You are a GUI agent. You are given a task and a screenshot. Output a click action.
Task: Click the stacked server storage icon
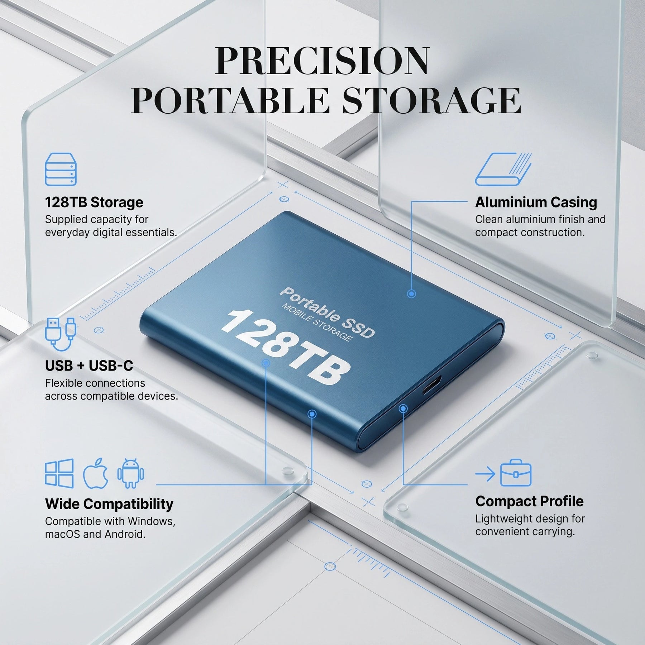coord(61,169)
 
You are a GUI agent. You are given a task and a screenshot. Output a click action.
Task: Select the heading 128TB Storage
coord(94,202)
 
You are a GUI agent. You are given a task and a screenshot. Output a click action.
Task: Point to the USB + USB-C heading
coord(89,365)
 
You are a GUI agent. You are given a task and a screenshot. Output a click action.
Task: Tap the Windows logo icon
coord(59,473)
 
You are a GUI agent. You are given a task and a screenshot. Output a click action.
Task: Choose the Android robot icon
coord(130,473)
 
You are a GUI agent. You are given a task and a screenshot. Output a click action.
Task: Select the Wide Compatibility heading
coord(109,504)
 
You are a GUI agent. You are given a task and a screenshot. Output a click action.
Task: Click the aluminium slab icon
coord(503,169)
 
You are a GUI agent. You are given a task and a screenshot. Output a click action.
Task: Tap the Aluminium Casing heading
coord(536,202)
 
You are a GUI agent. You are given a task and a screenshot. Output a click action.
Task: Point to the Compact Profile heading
coord(529,501)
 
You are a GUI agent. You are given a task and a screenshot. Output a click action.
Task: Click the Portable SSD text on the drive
coord(327,312)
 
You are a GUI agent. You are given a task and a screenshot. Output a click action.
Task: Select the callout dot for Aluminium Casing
coord(411,294)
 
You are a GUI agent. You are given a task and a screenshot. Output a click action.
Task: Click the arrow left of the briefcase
coord(485,474)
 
